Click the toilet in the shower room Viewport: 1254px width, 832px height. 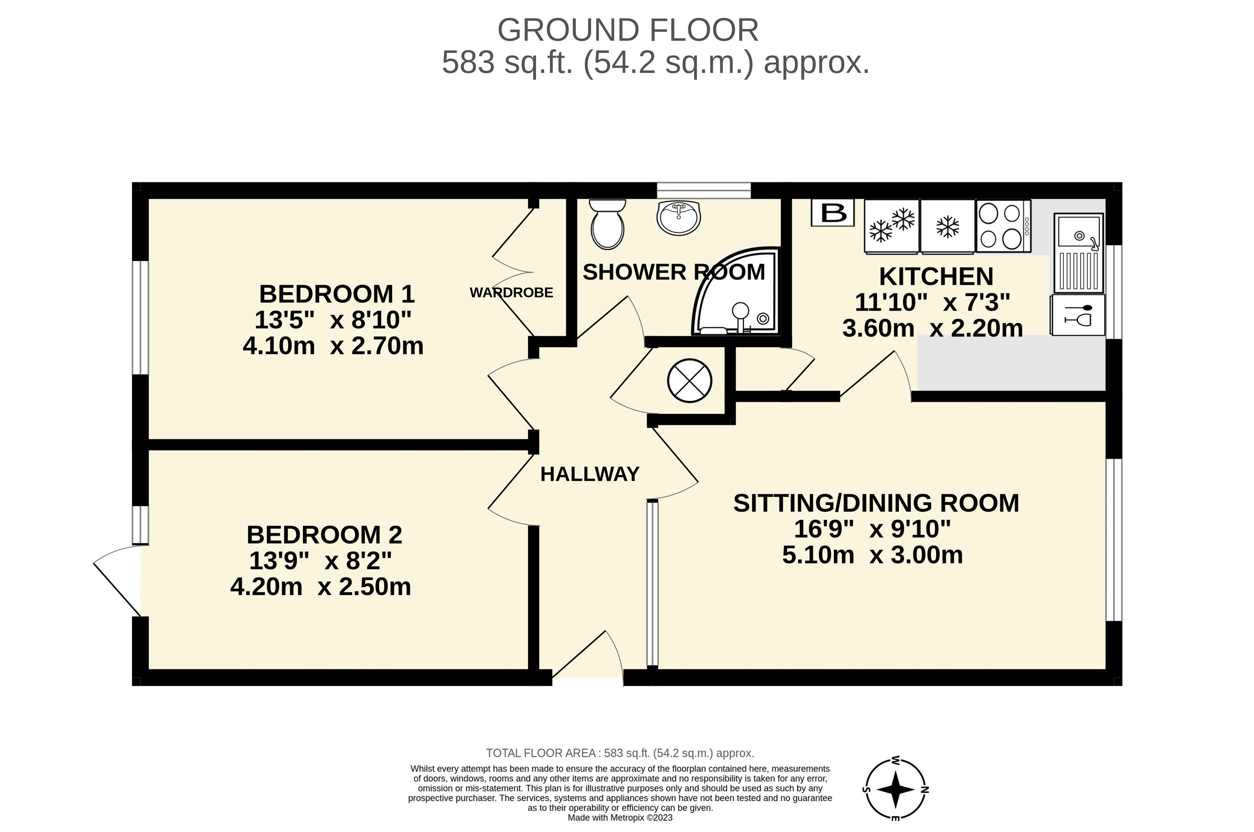coord(608,224)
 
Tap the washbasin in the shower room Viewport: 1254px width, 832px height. coord(679,218)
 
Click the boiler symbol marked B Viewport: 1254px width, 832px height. coord(832,213)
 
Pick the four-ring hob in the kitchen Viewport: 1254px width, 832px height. coord(1003,226)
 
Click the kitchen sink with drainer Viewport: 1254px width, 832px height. coord(1078,253)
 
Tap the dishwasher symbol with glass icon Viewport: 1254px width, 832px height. coord(1078,315)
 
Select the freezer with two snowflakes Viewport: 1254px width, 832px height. coord(891,226)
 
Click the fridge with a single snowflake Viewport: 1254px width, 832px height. coord(948,226)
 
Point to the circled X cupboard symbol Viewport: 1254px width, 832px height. coord(689,381)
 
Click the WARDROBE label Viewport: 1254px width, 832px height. coord(511,292)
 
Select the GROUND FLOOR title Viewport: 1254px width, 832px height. coord(628,30)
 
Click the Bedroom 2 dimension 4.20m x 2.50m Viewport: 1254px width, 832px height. coord(321,587)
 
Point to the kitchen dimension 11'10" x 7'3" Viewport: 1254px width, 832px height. coord(932,302)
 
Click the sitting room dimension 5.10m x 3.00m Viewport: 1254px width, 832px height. coord(872,555)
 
